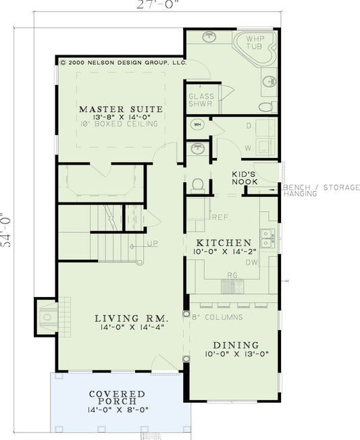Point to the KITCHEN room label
224,242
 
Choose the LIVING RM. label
126,318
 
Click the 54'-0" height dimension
6,230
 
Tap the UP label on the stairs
153,243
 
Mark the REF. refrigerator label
220,217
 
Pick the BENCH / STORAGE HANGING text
321,190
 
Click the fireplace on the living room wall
47,314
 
